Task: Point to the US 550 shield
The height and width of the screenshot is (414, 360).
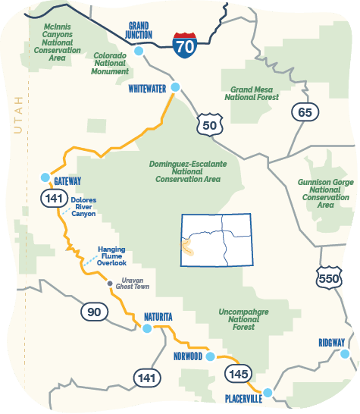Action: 329,278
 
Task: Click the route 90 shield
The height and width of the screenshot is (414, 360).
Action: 93,312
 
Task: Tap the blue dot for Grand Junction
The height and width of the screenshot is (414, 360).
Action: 139,52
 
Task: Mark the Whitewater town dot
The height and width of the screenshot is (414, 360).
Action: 175,87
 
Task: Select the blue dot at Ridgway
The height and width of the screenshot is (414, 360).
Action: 345,353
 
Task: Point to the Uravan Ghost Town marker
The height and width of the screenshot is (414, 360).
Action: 110,284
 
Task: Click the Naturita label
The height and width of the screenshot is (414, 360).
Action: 159,316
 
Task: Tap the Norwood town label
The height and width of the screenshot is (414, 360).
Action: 187,356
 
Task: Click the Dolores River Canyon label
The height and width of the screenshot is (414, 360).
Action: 83,207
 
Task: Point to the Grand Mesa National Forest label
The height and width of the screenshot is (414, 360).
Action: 253,93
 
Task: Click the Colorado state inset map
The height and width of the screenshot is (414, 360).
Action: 218,240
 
